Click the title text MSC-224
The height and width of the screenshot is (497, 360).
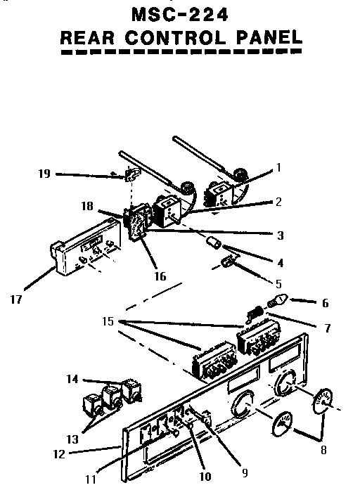coord(180,15)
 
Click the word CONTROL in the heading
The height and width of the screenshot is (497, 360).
coord(175,38)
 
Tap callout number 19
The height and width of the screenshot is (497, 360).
coord(44,174)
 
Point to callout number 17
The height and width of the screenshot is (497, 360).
coord(16,299)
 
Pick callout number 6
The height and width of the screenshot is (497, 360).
coord(325,304)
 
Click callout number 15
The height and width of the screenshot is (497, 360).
coord(108,321)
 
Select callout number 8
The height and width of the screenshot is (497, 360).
coord(323,450)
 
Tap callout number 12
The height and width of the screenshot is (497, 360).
coord(59,454)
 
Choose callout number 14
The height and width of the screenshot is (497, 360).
coord(72,379)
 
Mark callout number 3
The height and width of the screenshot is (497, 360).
coord(280,235)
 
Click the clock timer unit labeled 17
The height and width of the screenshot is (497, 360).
coord(86,247)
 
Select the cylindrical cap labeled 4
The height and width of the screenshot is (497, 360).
coord(214,243)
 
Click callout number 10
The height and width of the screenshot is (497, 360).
coord(205,477)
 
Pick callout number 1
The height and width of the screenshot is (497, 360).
coord(278,167)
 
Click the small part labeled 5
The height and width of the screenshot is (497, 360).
coord(228,262)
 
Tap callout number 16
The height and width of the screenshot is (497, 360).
coord(160,276)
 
